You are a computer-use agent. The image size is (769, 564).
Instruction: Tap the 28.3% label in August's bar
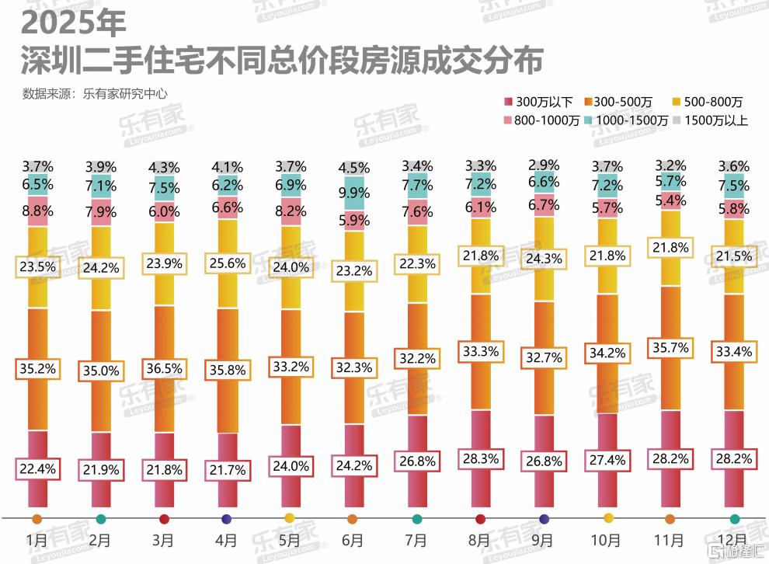coord(480,458)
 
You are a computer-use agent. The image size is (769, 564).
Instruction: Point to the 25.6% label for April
coord(228,263)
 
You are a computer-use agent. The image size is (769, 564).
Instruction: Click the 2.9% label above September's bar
coord(543,165)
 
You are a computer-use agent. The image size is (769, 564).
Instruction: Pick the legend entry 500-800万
coord(713,102)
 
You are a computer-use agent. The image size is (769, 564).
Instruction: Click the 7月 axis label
coord(416,539)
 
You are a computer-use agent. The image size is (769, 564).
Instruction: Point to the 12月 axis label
coord(733,539)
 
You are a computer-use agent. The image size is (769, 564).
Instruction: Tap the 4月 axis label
coord(226,539)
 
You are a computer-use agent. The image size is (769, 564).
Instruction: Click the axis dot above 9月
coord(544,518)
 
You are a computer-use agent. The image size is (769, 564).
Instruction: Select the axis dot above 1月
coord(37,518)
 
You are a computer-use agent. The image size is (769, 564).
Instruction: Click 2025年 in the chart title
coord(74,23)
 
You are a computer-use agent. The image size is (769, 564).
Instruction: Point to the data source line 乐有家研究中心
coord(96,94)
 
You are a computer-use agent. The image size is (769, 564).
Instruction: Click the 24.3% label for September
coord(543,257)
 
